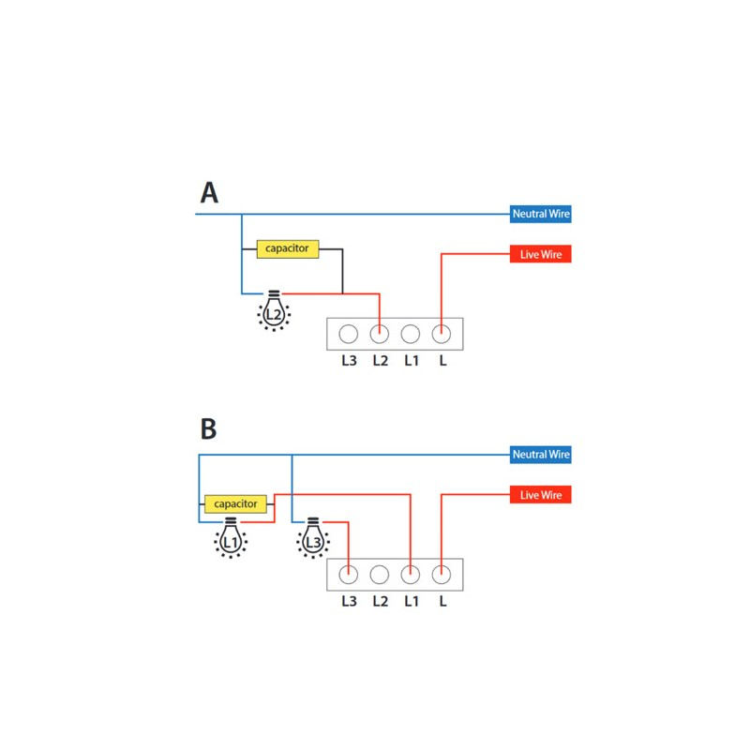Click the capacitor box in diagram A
(x=288, y=249)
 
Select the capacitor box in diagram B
(x=235, y=504)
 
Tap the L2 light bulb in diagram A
(x=274, y=311)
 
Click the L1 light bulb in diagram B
(x=231, y=538)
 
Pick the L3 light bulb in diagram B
(x=313, y=538)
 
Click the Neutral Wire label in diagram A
(x=541, y=214)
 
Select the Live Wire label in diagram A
(x=541, y=254)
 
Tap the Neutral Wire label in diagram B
(x=541, y=455)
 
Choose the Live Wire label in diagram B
(x=541, y=495)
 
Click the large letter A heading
(x=209, y=193)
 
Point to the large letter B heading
(x=208, y=428)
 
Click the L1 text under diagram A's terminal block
(x=412, y=361)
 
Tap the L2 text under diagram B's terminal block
(x=381, y=601)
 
